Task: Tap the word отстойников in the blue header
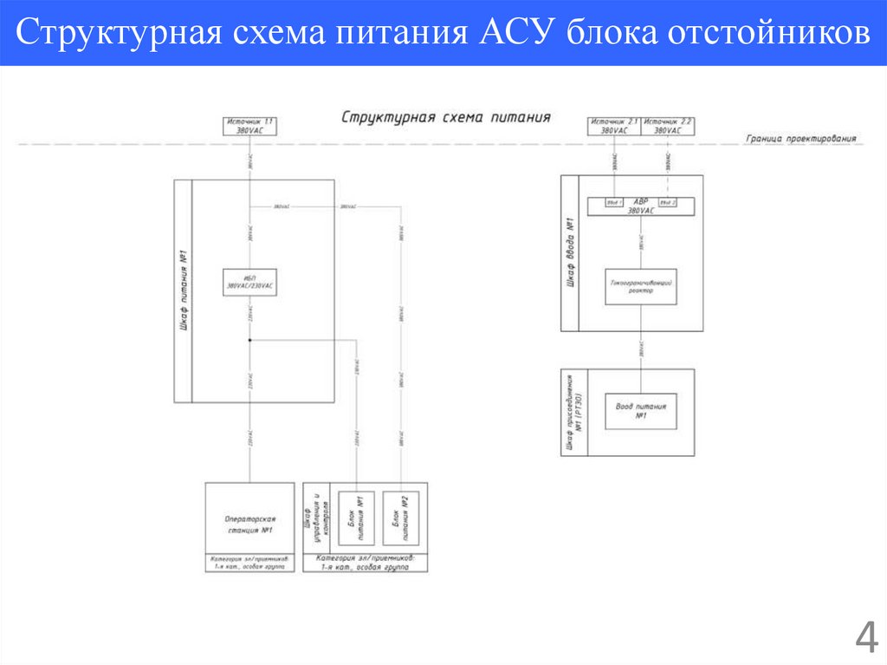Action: click(768, 34)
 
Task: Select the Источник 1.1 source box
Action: click(249, 125)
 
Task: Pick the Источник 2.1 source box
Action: click(614, 125)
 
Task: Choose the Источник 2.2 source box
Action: click(668, 125)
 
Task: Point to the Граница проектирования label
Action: click(801, 138)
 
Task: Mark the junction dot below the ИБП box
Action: click(249, 341)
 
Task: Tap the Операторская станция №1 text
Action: click(249, 525)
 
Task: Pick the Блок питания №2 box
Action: click(399, 518)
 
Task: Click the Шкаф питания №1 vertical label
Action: click(184, 291)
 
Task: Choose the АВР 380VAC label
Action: click(640, 205)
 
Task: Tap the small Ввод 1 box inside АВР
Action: click(614, 203)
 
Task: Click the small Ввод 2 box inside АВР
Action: click(667, 203)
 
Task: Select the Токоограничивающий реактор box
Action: click(640, 286)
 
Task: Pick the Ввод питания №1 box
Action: click(641, 410)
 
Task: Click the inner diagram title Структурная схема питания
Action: click(446, 117)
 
